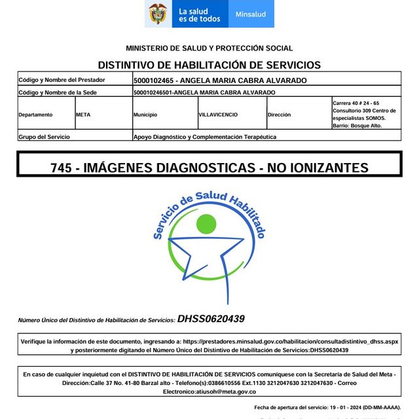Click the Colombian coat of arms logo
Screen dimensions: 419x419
coord(158,14)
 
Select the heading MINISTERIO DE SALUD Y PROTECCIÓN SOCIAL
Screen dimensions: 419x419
coord(209,48)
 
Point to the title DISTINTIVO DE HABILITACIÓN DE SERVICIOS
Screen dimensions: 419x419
coord(209,65)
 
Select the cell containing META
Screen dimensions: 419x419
coord(83,115)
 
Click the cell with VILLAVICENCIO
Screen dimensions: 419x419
coord(219,115)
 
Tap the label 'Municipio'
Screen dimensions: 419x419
coord(145,115)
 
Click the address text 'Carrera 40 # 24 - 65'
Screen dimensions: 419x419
coord(355,103)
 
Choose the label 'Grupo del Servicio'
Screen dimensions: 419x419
coord(44,137)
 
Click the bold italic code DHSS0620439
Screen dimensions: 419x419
coord(211,319)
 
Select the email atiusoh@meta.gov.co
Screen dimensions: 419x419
coord(209,392)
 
